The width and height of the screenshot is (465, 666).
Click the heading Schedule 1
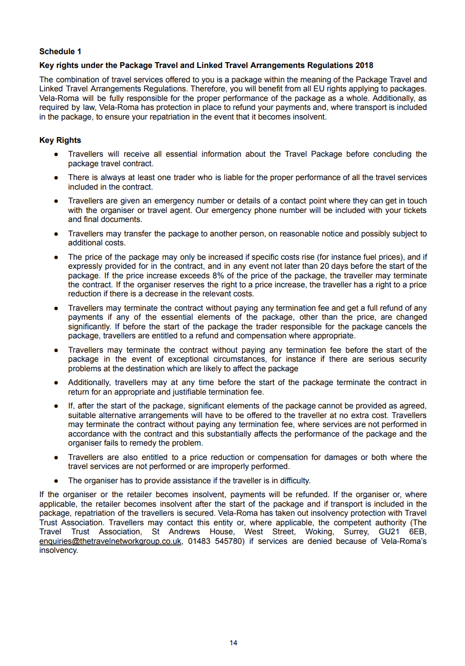point(61,52)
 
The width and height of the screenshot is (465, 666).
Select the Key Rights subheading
point(60,140)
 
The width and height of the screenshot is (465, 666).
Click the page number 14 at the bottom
point(233,643)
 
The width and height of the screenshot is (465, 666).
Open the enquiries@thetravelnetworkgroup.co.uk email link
point(110,541)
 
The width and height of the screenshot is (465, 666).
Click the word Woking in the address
point(317,532)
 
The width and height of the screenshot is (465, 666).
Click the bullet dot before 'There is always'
point(56,178)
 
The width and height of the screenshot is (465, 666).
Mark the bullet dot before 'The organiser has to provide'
point(56,481)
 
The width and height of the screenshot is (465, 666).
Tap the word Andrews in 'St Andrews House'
point(185,532)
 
